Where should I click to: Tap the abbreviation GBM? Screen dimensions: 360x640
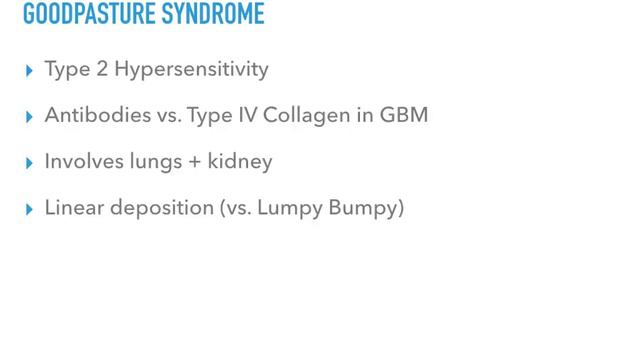click(406, 116)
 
